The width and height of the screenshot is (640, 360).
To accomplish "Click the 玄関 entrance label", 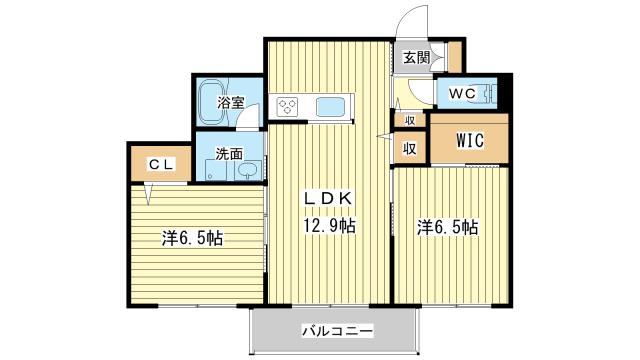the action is (416, 58).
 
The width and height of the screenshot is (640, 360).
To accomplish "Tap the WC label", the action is (462, 93).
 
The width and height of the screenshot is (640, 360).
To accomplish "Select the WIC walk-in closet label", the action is (470, 140).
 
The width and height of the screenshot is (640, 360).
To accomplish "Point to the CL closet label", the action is (162, 165).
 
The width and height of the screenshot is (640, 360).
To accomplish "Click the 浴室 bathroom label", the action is (230, 102).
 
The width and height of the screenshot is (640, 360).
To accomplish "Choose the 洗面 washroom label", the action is (229, 154).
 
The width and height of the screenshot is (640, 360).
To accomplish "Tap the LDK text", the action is (328, 198).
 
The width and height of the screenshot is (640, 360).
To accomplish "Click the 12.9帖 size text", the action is (329, 225).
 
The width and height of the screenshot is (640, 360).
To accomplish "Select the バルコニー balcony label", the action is (338, 330).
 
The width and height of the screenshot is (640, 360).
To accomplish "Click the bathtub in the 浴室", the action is (211, 103).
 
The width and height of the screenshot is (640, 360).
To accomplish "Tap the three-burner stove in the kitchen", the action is (288, 107).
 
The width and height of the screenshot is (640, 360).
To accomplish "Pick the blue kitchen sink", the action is (329, 107).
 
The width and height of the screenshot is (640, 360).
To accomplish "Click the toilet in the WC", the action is (488, 93).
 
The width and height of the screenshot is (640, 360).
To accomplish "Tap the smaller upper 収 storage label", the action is (410, 120).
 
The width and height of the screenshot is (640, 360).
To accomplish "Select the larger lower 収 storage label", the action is (410, 148).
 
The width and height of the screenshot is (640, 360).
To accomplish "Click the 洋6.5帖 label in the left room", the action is (192, 238).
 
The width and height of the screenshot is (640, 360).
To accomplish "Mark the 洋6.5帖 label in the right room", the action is (447, 227).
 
